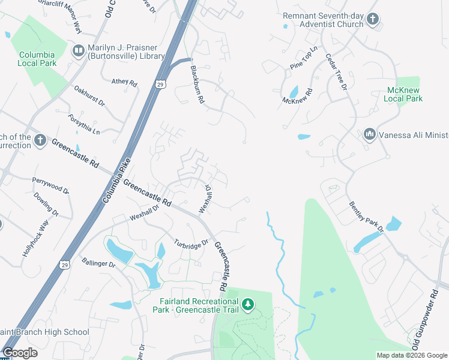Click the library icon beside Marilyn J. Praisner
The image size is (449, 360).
click(78, 51)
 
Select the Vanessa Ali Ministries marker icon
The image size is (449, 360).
click(369, 134)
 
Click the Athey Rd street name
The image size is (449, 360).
click(124, 82)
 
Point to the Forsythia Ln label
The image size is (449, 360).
click(84, 124)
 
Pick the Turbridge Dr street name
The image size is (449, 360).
click(191, 244)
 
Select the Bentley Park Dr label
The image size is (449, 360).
click(366, 217)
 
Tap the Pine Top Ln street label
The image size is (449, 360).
click(304, 58)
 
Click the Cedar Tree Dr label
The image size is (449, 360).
click(336, 72)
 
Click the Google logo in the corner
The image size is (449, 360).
click(20, 353)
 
